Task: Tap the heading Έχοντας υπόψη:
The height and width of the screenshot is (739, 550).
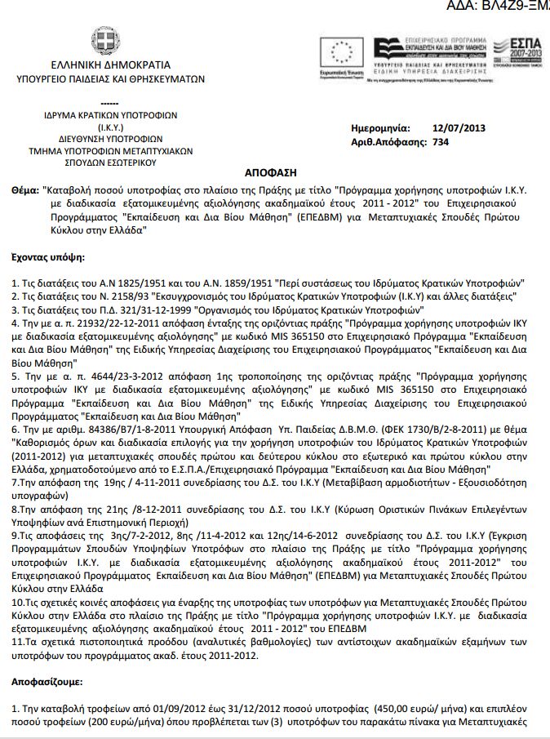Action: tap(48, 256)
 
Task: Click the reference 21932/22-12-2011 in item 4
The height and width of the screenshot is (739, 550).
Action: tap(99, 323)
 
